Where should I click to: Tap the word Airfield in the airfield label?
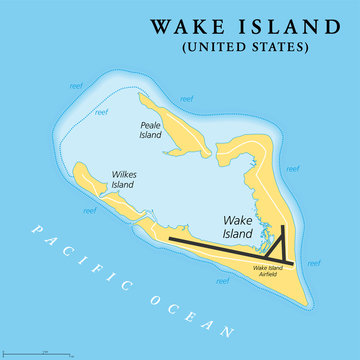coord(272,276)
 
